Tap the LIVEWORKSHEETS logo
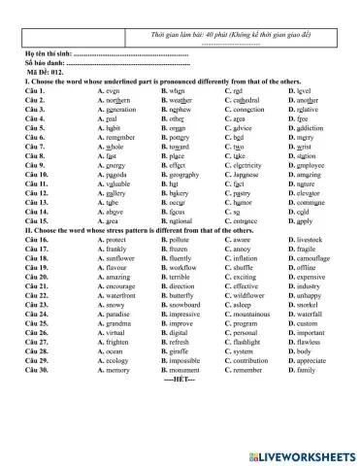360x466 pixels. [302, 452]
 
